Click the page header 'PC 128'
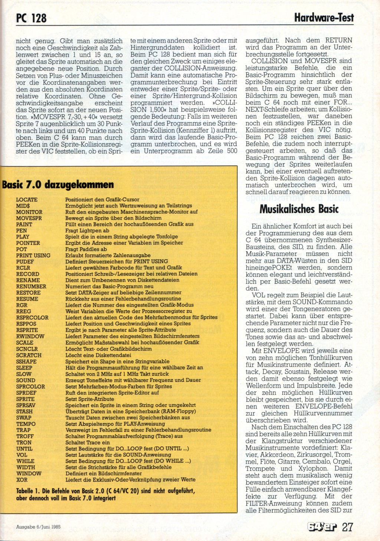31,18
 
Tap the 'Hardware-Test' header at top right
324,17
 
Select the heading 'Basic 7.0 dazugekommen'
58,184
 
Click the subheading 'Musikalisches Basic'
299,209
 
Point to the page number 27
347,527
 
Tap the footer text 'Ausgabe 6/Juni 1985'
38,527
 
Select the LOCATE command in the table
27,200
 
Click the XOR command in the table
22,480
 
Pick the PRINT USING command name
33,255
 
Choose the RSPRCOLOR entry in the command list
32,318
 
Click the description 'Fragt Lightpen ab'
87,230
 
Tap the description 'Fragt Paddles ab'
86,249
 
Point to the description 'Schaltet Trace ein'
88,442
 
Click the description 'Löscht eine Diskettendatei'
98,355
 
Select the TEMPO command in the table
26,424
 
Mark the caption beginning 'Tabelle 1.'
105,494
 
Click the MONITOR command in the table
29,212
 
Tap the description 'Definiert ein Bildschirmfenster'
104,473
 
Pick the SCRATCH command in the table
29,355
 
